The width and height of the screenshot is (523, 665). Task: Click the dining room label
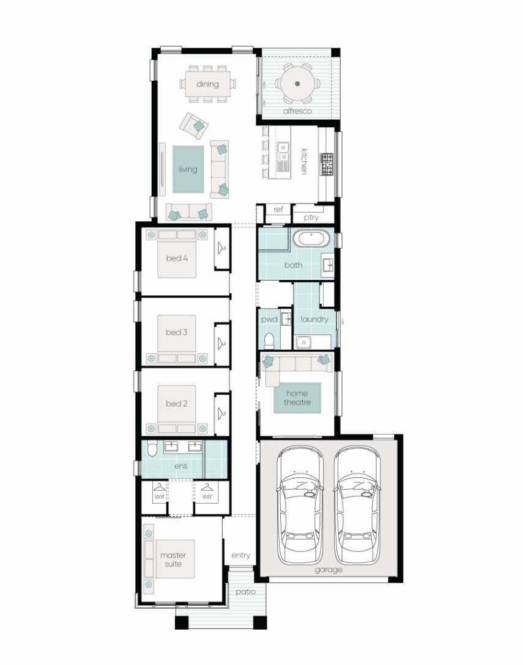click(207, 84)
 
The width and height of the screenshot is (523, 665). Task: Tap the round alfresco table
click(297, 84)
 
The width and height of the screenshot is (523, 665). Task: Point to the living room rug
click(188, 169)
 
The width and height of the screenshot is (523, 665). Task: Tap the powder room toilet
click(269, 340)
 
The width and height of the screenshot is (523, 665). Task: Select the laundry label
click(314, 319)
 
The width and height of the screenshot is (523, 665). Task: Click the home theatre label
click(297, 398)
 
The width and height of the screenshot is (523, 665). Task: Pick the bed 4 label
click(177, 259)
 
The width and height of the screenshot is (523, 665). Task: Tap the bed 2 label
click(177, 404)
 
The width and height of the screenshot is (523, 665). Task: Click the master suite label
click(173, 559)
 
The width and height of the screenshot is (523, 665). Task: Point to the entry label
click(240, 556)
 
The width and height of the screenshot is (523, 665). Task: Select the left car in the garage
click(300, 504)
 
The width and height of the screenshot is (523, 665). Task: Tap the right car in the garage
click(357, 504)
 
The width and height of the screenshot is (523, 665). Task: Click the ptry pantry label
click(311, 217)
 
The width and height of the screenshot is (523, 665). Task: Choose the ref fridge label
click(278, 210)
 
